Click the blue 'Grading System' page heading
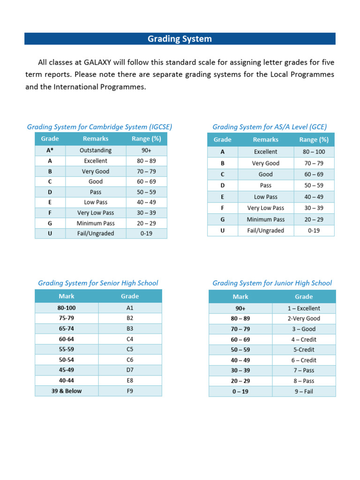(180, 39)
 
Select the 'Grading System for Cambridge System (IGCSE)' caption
(99, 127)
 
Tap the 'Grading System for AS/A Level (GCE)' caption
(270, 127)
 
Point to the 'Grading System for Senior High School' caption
(98, 283)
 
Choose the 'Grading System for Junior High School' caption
(272, 283)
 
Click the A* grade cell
(50, 150)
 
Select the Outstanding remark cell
(96, 150)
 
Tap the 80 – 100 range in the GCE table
(314, 152)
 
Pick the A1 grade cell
(130, 308)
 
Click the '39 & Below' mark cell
(67, 391)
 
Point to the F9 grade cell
(130, 391)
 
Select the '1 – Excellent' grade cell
(304, 308)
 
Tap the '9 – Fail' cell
(304, 391)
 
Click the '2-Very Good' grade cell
(304, 319)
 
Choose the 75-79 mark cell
(67, 318)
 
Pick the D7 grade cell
(130, 370)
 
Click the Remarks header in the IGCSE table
(96, 139)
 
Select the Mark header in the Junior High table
(240, 297)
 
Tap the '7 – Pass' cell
(304, 371)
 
